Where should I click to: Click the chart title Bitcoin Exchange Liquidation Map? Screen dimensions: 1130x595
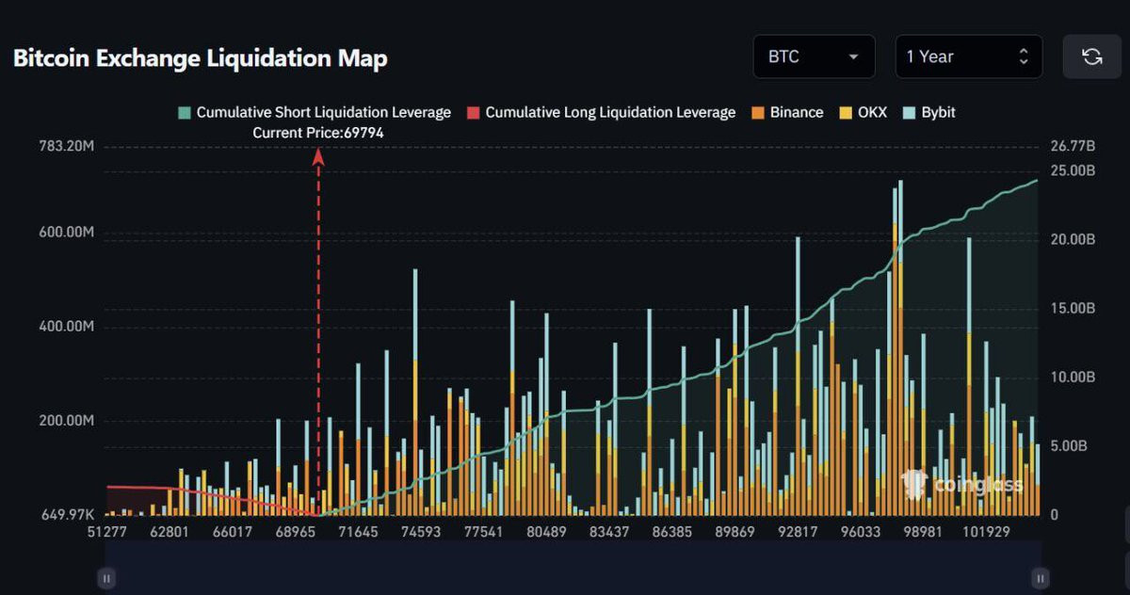pyautogui.click(x=201, y=58)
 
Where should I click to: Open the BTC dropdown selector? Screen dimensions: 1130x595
pyautogui.click(x=814, y=56)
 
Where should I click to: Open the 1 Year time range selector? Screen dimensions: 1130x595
pyautogui.click(x=969, y=56)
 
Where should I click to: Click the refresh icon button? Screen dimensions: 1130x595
pyautogui.click(x=1091, y=56)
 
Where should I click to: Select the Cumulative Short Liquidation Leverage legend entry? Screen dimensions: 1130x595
pyautogui.click(x=315, y=112)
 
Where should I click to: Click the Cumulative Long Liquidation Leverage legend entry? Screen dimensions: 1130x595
pyautogui.click(x=602, y=112)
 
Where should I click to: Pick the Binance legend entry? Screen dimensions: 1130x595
pyautogui.click(x=787, y=112)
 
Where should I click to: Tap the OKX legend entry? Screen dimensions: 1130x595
pyautogui.click(x=864, y=112)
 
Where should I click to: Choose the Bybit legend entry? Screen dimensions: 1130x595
pyautogui.click(x=928, y=112)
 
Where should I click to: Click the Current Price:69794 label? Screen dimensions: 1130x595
pyautogui.click(x=318, y=133)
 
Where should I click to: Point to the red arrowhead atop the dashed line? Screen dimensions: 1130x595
pyautogui.click(x=318, y=157)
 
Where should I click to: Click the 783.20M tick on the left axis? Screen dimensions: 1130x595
pyautogui.click(x=67, y=146)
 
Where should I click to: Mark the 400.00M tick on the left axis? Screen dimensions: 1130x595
pyautogui.click(x=67, y=327)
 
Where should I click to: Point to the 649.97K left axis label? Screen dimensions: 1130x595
pyautogui.click(x=68, y=514)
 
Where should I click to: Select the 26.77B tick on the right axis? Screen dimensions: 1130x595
pyautogui.click(x=1073, y=146)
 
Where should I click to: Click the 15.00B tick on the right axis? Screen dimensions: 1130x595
pyautogui.click(x=1073, y=308)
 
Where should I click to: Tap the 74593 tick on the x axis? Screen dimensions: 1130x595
pyautogui.click(x=421, y=532)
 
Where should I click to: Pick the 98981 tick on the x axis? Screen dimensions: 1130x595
pyautogui.click(x=923, y=532)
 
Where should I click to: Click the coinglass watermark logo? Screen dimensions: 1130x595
pyautogui.click(x=962, y=484)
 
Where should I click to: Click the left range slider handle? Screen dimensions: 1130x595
pyautogui.click(x=106, y=578)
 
